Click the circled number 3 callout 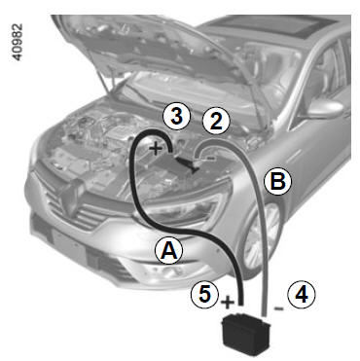click(176, 117)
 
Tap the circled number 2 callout click(216, 122)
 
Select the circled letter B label click(278, 182)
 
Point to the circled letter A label click(169, 250)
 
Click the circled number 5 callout click(205, 295)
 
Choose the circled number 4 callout click(302, 295)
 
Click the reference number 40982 click(17, 42)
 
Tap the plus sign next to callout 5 click(228, 303)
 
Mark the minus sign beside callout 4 click(278, 308)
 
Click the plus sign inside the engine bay click(156, 149)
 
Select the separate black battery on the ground click(246, 334)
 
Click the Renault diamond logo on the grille click(69, 197)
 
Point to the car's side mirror click(324, 109)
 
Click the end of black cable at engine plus click(171, 150)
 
